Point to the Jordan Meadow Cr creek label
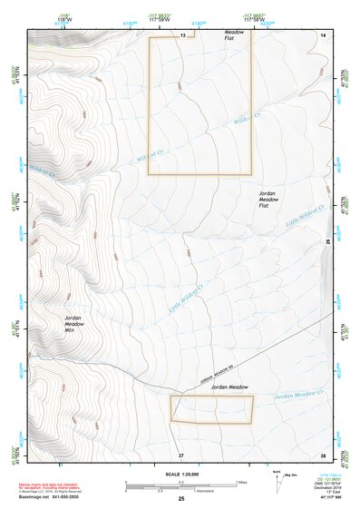(299, 395)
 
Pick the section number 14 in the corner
(323, 34)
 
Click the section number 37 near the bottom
(180, 454)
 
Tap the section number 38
(323, 454)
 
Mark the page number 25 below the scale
(180, 498)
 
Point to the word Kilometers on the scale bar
(209, 490)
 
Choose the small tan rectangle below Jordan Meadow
(211, 409)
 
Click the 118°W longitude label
(38, 17)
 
